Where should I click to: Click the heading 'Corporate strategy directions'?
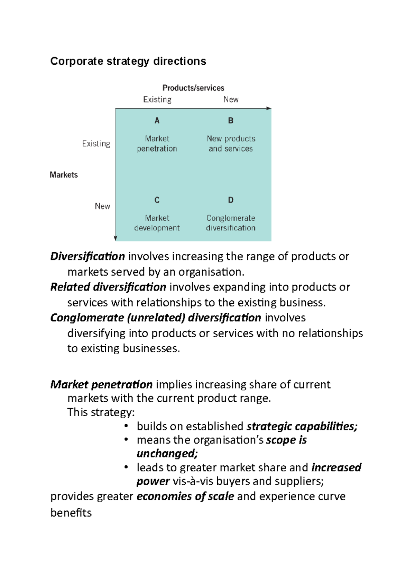coord(128,61)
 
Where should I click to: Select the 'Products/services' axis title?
coord(193,88)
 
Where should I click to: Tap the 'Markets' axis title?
coord(64,175)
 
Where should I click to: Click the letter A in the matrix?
coord(157,121)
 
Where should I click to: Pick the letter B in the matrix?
coord(231,121)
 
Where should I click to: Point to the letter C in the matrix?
coord(157,200)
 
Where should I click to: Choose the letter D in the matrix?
coord(231,200)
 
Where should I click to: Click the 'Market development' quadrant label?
coord(157,223)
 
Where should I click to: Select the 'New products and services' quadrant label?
coord(231,144)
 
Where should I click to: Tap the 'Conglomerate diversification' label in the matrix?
coord(231,223)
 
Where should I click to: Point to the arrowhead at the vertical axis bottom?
coord(116,238)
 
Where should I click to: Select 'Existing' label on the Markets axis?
coord(96,144)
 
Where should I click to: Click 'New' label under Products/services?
coord(231,100)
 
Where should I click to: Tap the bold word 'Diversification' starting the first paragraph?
coord(87,257)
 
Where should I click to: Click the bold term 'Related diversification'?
coord(108,287)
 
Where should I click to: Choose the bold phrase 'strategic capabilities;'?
coord(302,426)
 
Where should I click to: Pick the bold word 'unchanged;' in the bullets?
coord(167,454)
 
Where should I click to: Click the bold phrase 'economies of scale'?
coord(185,497)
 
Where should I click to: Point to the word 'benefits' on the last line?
coord(71,513)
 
